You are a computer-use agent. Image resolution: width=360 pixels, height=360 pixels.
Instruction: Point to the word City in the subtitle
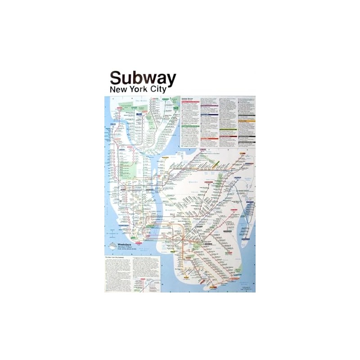(x=157, y=90)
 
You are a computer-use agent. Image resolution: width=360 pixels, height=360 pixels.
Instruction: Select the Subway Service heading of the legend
(x=188, y=98)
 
